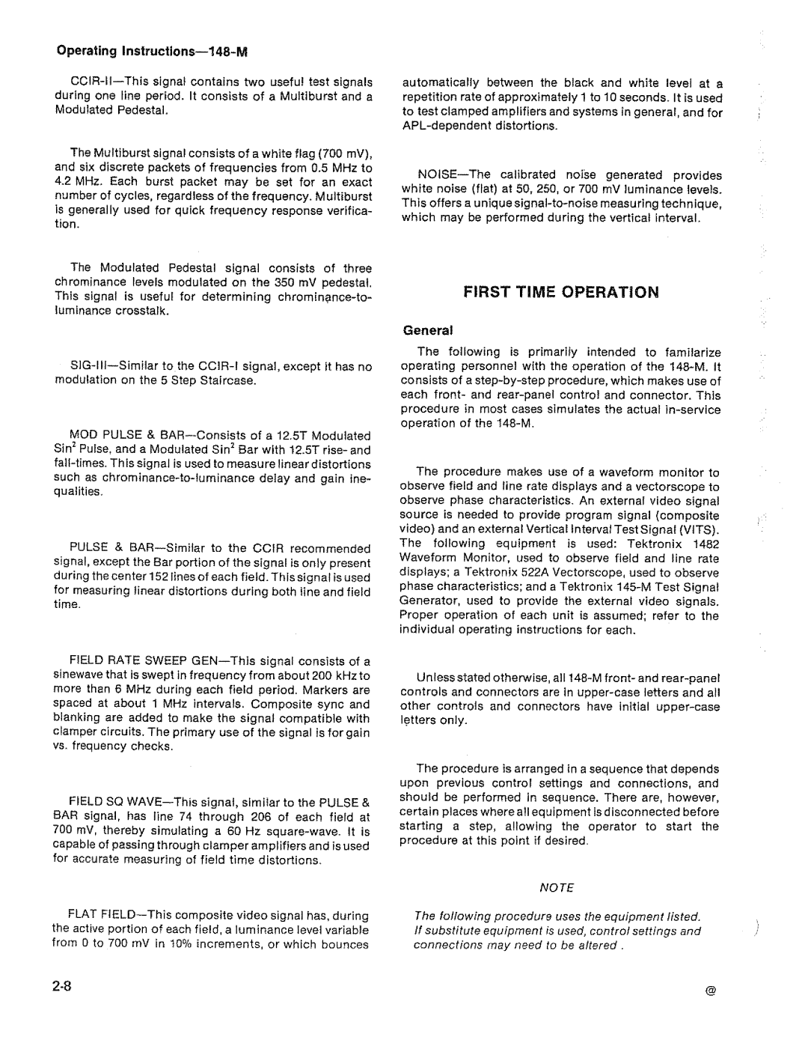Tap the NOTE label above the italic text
(557, 887)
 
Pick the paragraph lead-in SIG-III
(91, 366)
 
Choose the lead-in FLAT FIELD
(102, 916)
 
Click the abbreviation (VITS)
(699, 529)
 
